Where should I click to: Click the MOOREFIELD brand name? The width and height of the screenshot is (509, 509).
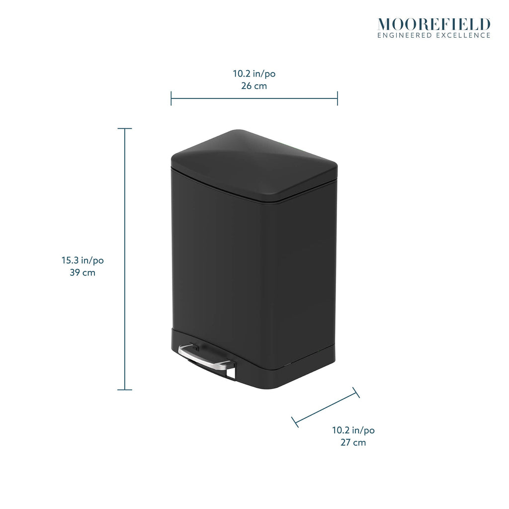pos(434,25)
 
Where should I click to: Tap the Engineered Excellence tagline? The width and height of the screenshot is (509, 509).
pos(434,35)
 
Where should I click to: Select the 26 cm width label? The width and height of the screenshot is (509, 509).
pos(254,86)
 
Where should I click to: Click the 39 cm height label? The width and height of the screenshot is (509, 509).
pos(83,272)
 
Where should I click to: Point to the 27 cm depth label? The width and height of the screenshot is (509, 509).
pos(353,442)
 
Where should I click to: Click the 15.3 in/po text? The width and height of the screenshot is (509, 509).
pos(83,260)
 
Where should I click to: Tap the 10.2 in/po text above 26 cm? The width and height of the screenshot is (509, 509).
pos(254,74)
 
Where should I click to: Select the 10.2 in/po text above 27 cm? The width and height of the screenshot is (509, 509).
pos(353,430)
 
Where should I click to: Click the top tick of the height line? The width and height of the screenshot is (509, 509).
pos(125,129)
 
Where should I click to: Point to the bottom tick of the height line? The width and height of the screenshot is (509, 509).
pos(125,390)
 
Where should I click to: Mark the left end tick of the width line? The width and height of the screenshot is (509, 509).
pos(171,98)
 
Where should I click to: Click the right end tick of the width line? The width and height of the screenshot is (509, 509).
pos(338,98)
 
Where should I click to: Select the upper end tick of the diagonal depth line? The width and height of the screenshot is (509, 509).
pos(356,393)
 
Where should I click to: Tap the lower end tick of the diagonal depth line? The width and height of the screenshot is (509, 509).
pos(295,422)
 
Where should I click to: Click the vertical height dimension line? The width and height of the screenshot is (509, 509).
pos(125,259)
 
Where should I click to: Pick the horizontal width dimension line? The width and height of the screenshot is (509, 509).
pos(254,98)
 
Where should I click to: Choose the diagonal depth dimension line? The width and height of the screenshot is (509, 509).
pos(326,407)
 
